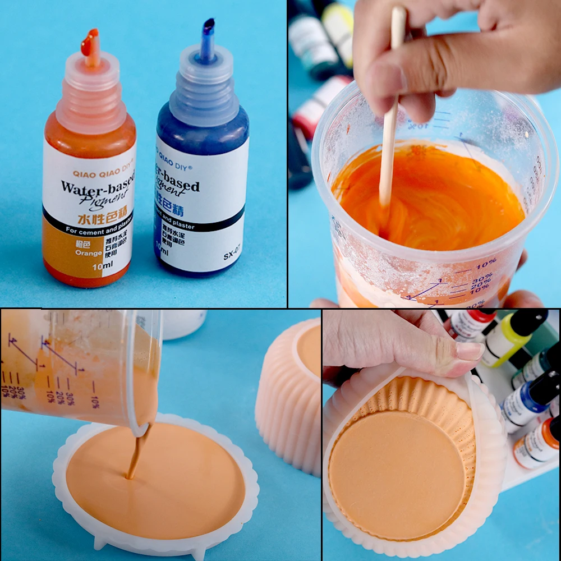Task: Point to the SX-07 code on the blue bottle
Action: (x=232, y=256)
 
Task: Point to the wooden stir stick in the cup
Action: (x=388, y=140)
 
